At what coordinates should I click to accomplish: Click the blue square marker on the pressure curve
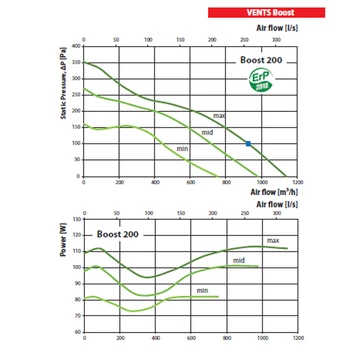pos(248,145)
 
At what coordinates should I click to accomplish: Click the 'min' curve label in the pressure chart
pos(183,149)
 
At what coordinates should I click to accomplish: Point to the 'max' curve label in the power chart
pos(271,240)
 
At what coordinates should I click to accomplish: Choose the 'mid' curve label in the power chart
pos(240,260)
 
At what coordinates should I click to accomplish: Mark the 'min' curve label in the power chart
pos(202,290)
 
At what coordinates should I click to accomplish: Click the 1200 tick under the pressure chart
pos(299,182)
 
